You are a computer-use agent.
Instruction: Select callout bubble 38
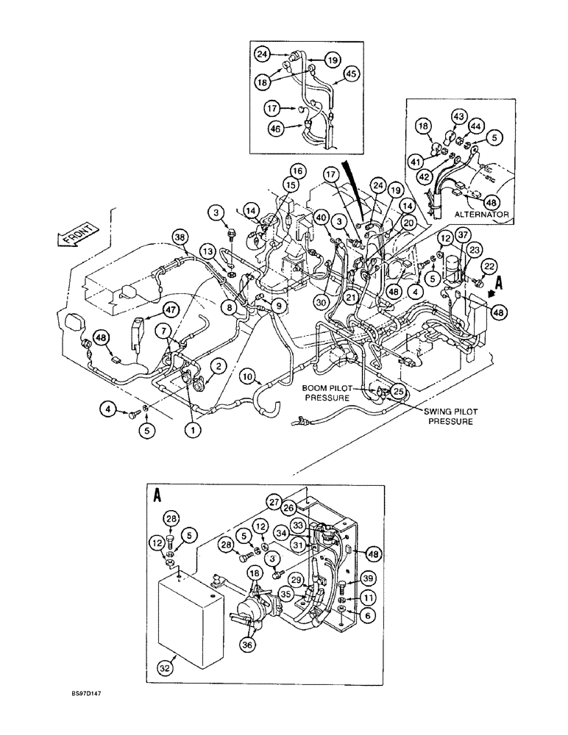180,236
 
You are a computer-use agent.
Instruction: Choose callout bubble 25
398,390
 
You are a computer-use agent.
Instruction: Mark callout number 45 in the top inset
351,73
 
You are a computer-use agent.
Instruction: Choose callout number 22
489,265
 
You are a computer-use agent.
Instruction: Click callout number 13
209,253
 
